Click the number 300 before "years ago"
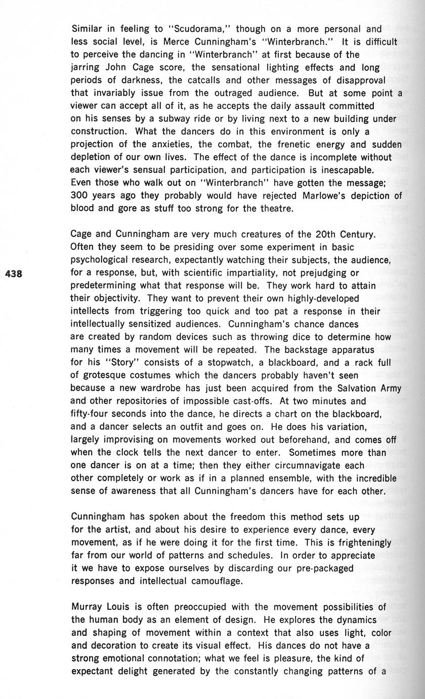tap(80, 196)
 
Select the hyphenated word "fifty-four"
tap(96, 414)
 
